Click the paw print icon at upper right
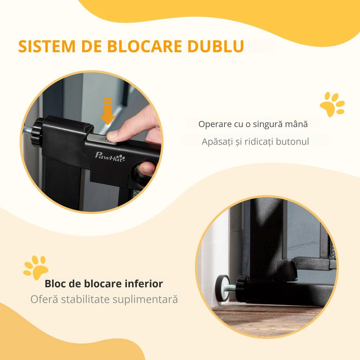(x=332, y=104)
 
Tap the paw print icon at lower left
(x=35, y=268)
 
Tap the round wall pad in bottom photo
(x=222, y=288)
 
